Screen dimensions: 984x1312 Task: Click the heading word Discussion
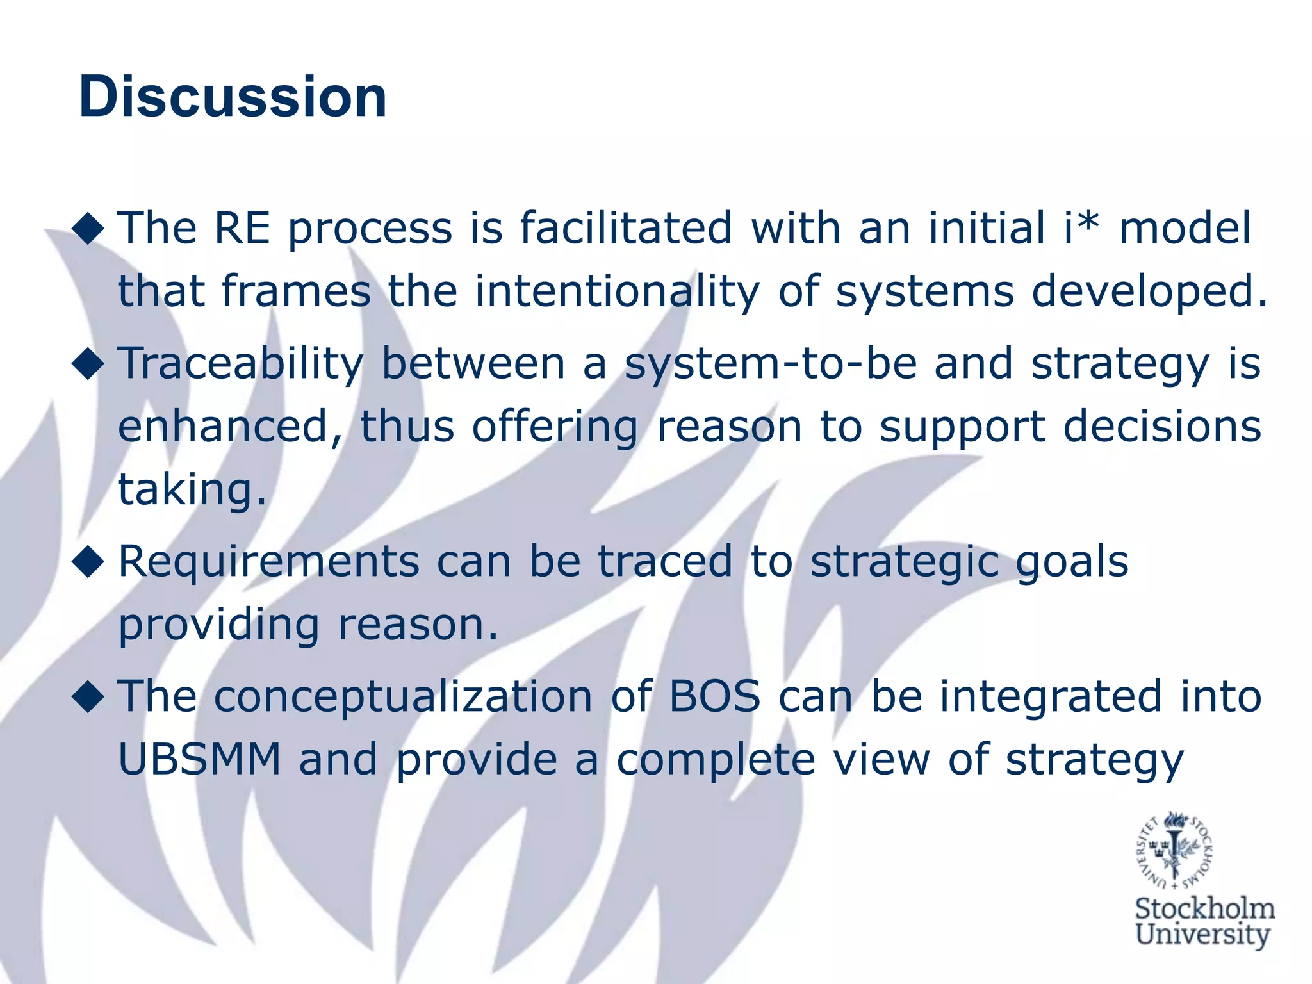click(233, 97)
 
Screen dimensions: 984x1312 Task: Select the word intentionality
click(617, 291)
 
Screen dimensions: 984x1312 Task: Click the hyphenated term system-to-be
click(771, 364)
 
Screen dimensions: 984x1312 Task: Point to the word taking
click(191, 491)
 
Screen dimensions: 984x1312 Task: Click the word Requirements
click(268, 562)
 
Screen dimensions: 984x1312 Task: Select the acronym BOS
click(714, 696)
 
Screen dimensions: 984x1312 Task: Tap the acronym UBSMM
click(200, 760)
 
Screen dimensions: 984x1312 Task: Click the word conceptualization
click(403, 697)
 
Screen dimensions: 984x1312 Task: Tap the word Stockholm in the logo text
click(1204, 910)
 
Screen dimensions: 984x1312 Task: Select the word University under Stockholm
click(1202, 935)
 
